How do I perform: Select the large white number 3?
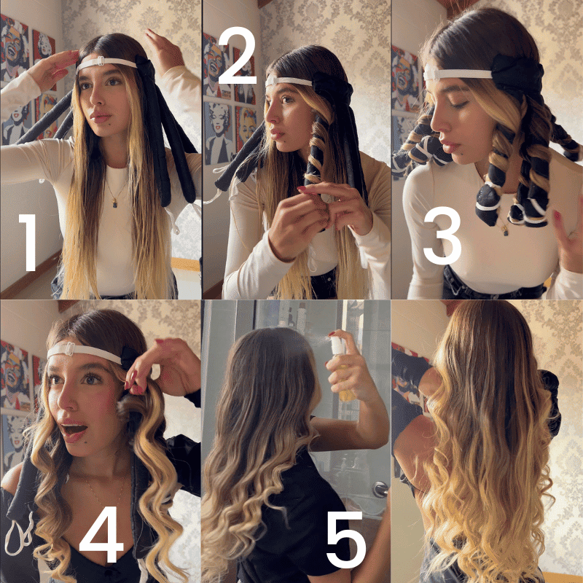442,235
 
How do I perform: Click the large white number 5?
345,539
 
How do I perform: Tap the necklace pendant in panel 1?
114,203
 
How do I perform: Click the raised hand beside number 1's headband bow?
163,49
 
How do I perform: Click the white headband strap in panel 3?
458,74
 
